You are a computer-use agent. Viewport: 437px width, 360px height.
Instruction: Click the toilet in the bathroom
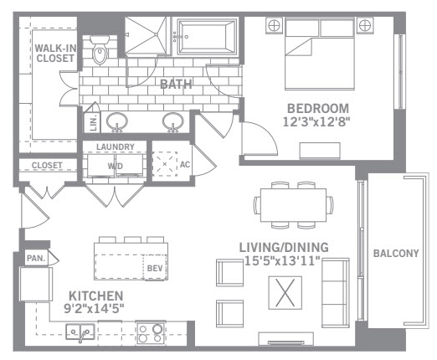[100, 49]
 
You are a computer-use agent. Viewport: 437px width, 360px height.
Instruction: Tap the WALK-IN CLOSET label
[55, 53]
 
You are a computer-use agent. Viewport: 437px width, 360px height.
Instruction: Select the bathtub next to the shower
[207, 37]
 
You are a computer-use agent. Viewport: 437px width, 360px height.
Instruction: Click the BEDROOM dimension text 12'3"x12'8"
[316, 122]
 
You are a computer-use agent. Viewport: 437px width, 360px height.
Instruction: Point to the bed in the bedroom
[320, 54]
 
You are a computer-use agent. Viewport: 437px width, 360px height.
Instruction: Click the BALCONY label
[396, 253]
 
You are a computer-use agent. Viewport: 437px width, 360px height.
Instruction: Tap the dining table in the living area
[293, 205]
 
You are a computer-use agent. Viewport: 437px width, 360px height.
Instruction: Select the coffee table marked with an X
[285, 293]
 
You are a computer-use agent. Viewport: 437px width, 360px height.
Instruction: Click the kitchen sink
[80, 332]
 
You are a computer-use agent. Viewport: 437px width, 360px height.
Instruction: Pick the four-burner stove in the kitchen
[150, 333]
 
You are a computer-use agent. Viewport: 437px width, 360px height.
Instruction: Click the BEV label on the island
[155, 268]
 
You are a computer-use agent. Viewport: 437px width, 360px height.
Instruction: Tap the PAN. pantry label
[36, 259]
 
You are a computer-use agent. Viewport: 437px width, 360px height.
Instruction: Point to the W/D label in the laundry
[116, 167]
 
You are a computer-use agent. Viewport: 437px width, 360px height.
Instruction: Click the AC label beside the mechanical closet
[185, 164]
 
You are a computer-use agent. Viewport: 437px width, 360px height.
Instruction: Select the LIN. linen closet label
[94, 123]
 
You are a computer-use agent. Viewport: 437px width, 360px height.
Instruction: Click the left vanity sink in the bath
[117, 121]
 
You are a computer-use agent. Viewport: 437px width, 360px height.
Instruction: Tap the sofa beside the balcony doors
[336, 292]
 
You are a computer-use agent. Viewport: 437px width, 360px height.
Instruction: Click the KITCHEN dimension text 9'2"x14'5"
[94, 308]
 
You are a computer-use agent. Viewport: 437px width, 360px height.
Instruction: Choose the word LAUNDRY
[116, 147]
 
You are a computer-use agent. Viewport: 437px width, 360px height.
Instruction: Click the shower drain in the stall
[156, 34]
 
